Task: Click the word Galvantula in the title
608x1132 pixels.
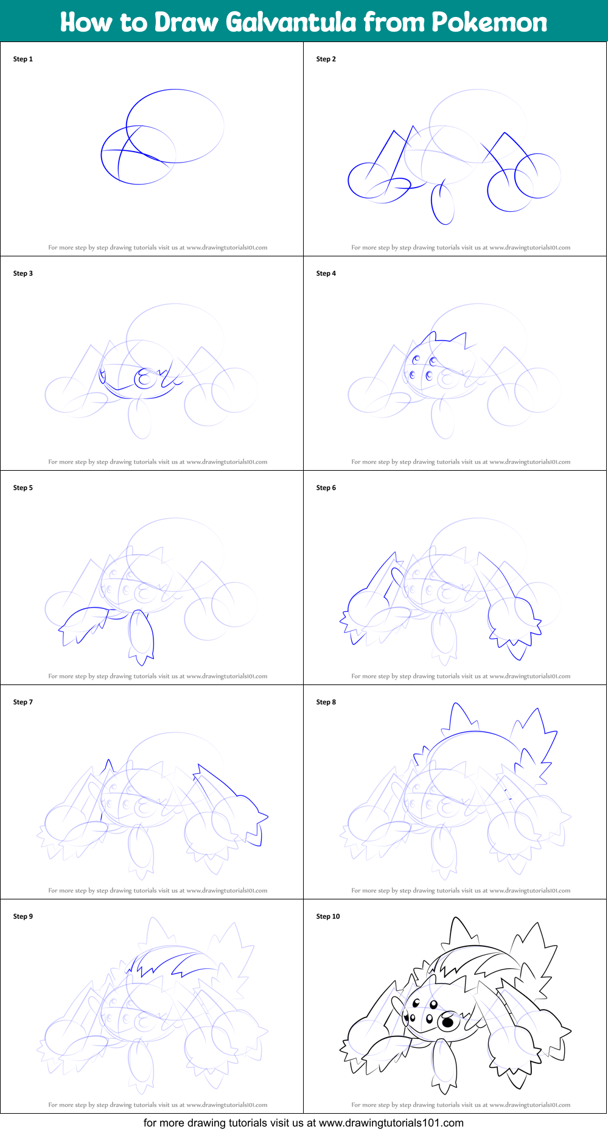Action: tap(291, 23)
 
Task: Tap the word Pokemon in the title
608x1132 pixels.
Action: tap(489, 23)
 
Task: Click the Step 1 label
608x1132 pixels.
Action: tap(23, 59)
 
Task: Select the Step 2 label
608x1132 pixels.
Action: tap(326, 59)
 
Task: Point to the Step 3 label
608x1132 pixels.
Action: tap(23, 273)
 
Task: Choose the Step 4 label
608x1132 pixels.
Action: tap(326, 273)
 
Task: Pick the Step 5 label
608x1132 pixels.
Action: tap(23, 488)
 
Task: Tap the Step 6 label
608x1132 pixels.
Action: tap(326, 488)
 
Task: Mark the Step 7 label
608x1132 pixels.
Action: tap(23, 702)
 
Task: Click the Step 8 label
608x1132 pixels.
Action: tap(326, 702)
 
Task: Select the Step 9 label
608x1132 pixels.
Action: tap(23, 916)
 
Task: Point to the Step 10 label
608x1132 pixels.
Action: tap(328, 916)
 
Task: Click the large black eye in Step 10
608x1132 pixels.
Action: tap(448, 1022)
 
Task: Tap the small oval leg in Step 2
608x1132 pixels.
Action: tap(443, 204)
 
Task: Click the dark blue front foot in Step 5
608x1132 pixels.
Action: tap(141, 636)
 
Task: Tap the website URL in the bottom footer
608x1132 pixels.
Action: tap(391, 1123)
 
